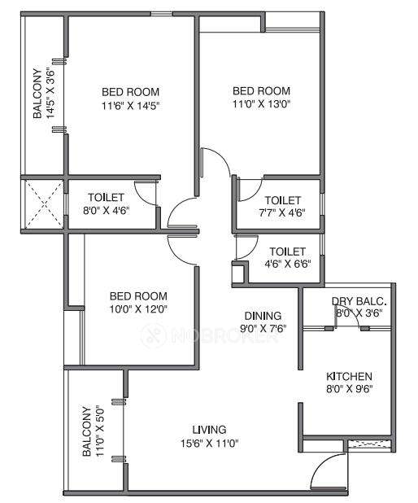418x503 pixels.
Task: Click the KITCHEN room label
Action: [349, 376]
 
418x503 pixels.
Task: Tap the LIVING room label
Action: [209, 430]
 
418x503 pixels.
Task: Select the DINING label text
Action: [263, 316]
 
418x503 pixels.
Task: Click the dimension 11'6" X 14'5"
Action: [130, 105]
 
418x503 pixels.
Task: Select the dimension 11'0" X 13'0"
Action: [261, 103]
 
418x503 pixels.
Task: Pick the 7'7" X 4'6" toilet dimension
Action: [282, 212]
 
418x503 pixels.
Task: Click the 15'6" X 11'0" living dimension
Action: [209, 443]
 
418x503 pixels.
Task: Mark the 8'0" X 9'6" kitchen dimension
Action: [349, 389]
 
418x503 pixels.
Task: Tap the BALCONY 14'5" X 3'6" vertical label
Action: [44, 94]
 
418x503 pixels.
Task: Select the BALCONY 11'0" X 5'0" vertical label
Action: [93, 432]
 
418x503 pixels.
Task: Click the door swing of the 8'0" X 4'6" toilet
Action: [145, 191]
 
